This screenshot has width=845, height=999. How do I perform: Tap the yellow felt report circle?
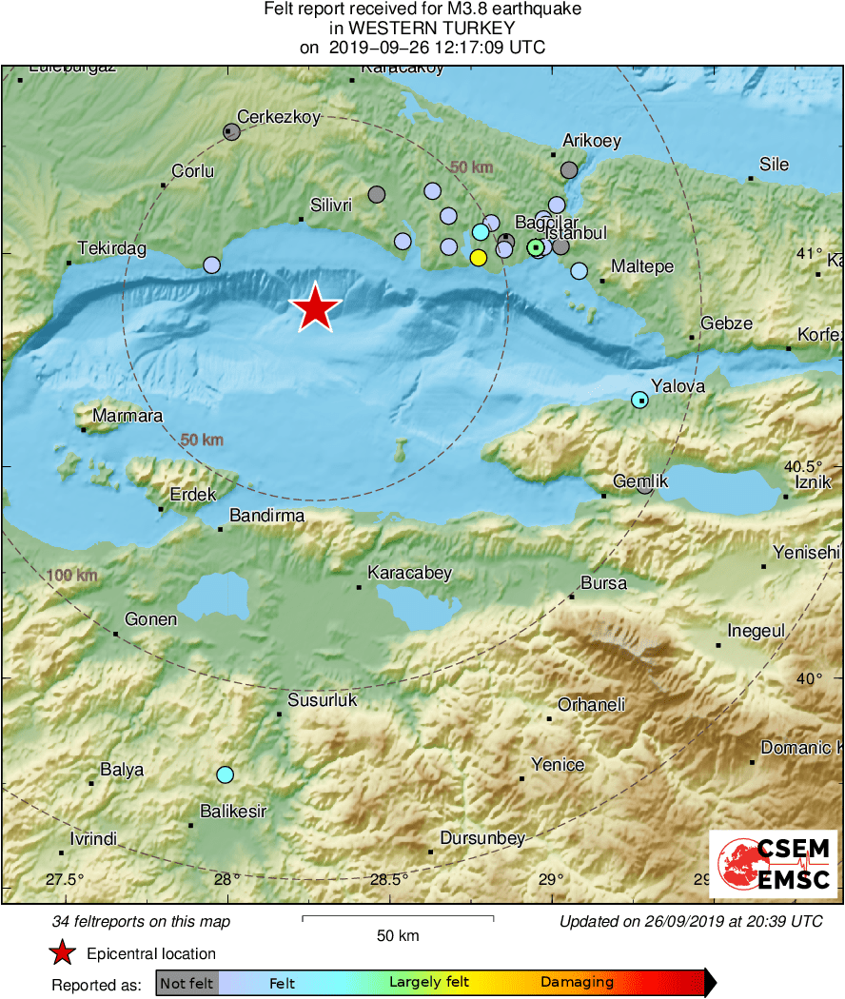point(479,257)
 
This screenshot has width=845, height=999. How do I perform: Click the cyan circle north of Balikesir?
point(225,774)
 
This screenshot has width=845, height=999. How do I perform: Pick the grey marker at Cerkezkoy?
point(231,132)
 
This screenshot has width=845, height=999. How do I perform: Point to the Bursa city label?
point(603,582)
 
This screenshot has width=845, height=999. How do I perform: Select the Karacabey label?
point(409,573)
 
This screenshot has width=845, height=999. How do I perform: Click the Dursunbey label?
point(482,838)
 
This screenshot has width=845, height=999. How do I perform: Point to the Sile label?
point(774,164)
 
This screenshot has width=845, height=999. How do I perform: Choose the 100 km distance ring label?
point(71,576)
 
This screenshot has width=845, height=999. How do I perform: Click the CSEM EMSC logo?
point(773,864)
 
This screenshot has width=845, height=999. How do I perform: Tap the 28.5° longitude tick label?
point(389,879)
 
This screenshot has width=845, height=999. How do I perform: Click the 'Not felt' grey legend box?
point(187,982)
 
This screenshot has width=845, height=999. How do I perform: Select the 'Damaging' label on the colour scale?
point(577,982)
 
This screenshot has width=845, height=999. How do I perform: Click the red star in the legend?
point(63,953)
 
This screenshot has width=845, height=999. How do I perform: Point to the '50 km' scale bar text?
point(398,936)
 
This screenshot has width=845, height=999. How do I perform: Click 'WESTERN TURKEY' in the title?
point(422,29)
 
